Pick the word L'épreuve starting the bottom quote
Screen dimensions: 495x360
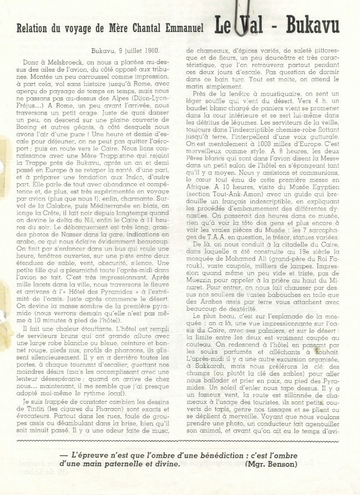[x=83, y=454]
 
